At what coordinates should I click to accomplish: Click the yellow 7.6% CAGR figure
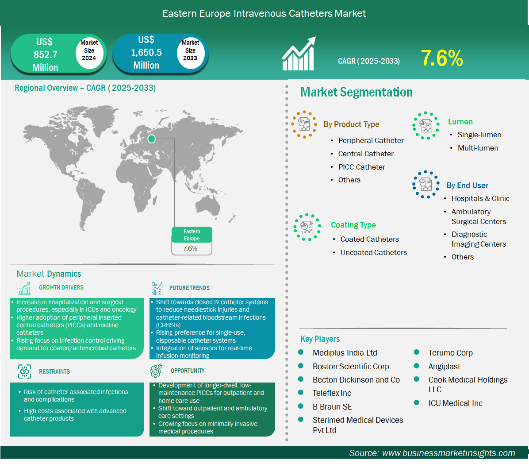coord(441,58)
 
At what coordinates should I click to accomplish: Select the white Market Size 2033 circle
coord(190,53)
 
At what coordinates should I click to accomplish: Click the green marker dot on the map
coord(151,139)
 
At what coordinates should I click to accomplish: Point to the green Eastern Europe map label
coord(192,235)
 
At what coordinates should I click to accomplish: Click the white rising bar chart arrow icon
coord(299,54)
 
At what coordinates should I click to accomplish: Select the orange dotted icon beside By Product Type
coord(304,124)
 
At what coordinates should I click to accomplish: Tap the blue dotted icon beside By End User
coord(426,184)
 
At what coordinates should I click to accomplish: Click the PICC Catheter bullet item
coord(361,167)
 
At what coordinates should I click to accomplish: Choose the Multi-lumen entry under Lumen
coord(478,148)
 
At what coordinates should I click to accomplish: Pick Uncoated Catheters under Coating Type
coord(373,252)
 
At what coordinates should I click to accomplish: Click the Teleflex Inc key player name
coord(332,393)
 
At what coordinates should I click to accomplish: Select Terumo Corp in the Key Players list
coord(450,353)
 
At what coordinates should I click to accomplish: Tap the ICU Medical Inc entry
coord(456,403)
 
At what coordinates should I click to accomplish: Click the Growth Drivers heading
coord(61,287)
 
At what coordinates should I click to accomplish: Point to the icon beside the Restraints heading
coord(24,371)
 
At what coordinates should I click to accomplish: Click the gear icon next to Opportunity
coord(156,371)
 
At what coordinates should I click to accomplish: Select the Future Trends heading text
coord(190,288)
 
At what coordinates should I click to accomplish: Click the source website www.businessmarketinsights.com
coord(448,453)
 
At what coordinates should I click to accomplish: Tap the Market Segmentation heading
coord(356,92)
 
